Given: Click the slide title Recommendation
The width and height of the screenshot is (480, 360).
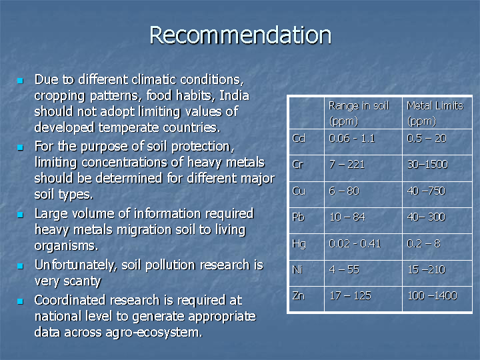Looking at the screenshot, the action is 240,35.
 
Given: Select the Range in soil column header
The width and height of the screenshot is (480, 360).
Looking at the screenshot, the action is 359,113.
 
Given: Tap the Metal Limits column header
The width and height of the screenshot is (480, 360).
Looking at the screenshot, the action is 435,113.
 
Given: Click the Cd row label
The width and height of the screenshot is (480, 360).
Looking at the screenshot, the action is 299,139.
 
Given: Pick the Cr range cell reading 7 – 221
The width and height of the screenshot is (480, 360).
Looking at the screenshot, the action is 347,165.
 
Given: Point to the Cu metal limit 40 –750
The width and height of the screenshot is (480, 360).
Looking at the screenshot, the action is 426,191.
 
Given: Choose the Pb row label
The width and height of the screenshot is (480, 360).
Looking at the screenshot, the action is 299,217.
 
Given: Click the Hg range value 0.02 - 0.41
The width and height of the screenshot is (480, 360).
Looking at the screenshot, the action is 355,244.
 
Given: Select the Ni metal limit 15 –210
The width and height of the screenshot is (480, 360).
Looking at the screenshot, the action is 427,270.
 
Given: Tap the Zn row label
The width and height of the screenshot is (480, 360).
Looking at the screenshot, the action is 299,296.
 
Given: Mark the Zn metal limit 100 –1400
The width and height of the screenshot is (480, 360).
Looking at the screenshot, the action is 432,296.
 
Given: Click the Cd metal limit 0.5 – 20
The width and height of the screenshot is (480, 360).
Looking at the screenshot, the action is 427,139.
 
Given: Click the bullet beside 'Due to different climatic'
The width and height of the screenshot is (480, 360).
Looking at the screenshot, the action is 20,81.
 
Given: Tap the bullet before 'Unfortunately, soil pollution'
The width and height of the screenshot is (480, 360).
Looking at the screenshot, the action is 20,266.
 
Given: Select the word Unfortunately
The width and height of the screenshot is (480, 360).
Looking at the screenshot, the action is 76,265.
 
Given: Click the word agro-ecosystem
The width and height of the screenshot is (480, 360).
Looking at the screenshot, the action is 154,333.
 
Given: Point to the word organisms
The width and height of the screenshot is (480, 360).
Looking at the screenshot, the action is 66,246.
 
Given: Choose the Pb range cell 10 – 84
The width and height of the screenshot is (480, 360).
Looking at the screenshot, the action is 347,217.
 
